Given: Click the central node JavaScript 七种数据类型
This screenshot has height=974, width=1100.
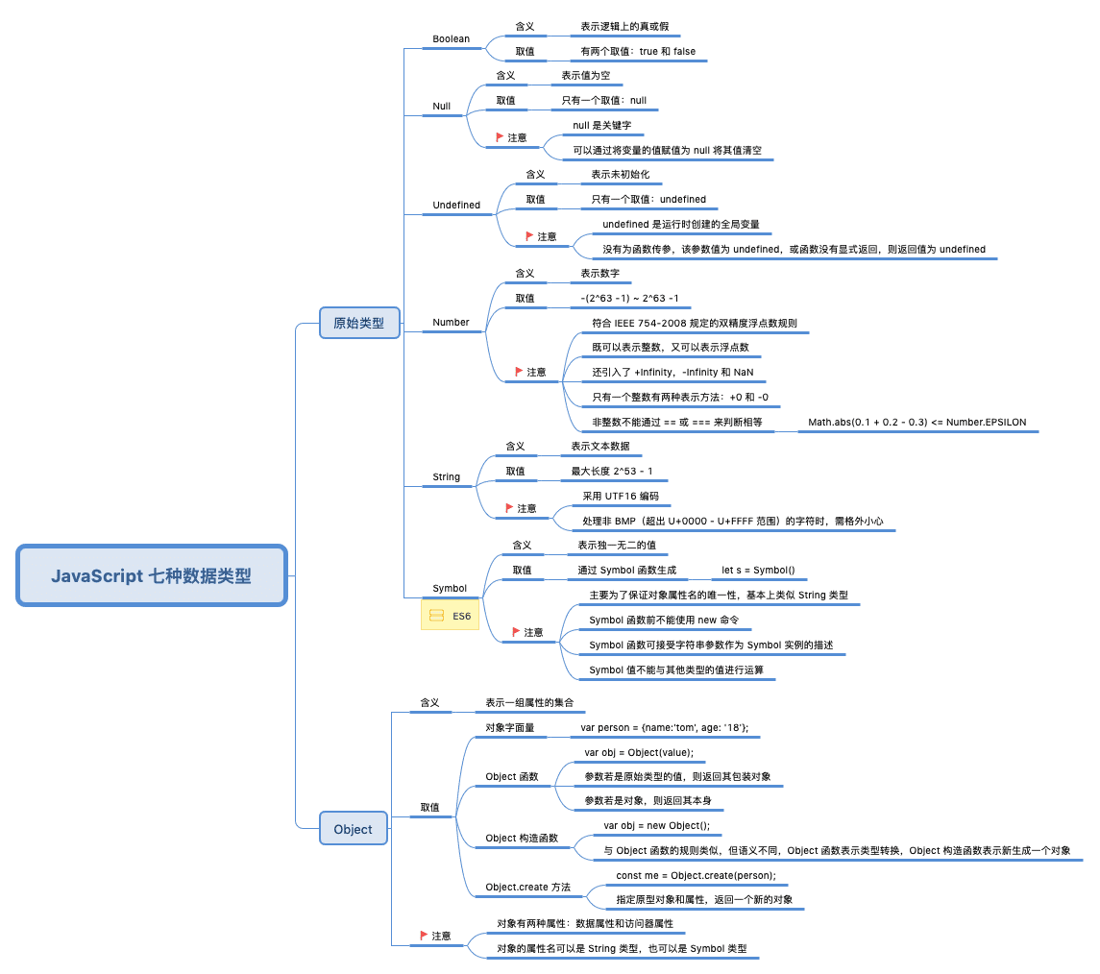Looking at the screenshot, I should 152,576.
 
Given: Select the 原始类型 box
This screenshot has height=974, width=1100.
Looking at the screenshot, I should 358,323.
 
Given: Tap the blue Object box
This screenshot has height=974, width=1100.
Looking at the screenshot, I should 353,829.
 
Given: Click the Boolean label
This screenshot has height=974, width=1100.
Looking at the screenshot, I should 451,39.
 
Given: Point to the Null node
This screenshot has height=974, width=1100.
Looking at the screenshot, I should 442,107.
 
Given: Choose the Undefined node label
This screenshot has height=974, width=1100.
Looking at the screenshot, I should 456,205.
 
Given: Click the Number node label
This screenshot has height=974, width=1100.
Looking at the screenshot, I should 451,322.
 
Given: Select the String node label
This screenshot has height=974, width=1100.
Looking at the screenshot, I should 446,476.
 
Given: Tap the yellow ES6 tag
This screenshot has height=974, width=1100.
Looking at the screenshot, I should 451,616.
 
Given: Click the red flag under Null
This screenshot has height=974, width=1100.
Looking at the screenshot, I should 500,137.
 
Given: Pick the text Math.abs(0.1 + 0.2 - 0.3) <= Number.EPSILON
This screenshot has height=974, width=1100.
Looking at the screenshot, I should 917,422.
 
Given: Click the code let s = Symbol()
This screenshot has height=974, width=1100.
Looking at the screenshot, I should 758,571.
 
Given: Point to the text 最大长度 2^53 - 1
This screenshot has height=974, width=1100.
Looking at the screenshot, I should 612,471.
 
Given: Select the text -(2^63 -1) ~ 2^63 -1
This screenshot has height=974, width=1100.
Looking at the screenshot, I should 628,298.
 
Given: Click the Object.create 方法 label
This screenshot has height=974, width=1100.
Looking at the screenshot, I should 527,888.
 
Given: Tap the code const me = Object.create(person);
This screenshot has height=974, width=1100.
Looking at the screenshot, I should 696,875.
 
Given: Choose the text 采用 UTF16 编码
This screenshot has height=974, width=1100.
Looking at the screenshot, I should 621,496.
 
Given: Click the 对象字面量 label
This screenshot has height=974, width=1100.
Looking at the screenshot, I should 510,728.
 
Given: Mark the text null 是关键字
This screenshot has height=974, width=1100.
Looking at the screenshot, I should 601,125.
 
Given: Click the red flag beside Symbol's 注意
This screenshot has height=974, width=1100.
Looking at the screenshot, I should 516,632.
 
